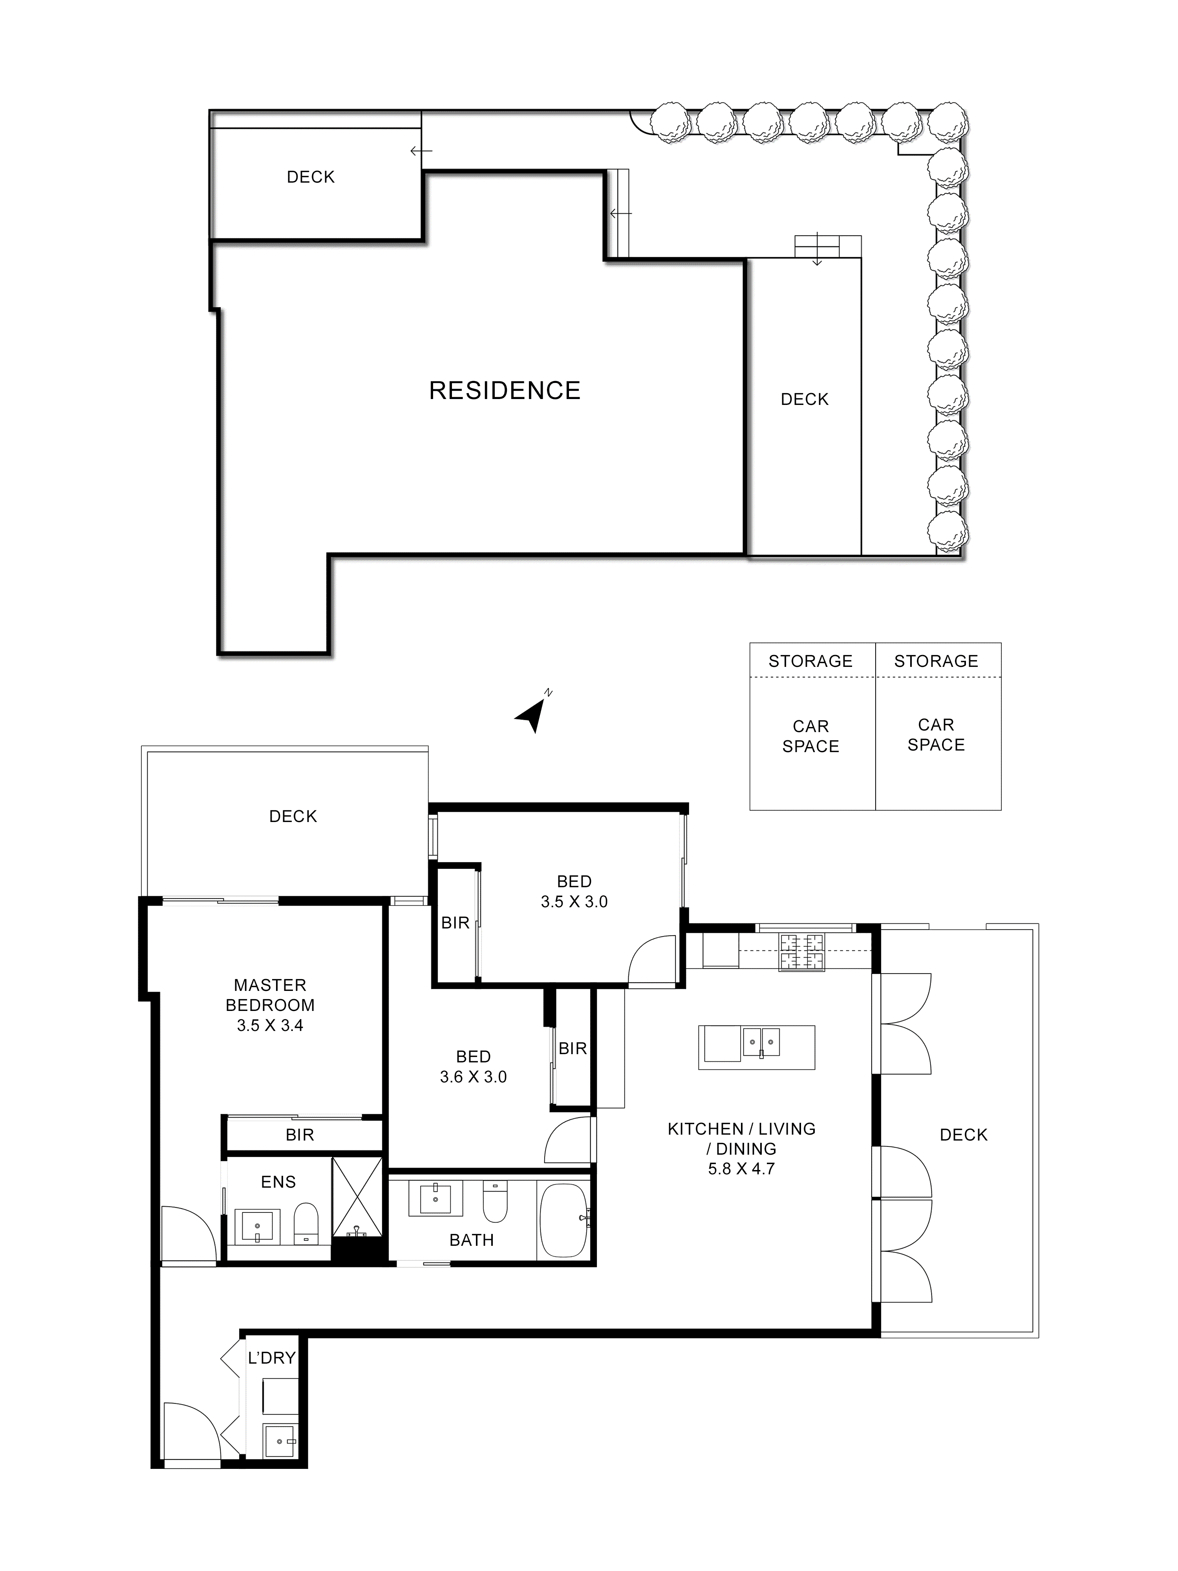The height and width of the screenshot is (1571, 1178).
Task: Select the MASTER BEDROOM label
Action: point(270,995)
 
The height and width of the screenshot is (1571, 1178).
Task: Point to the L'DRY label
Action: point(271,1357)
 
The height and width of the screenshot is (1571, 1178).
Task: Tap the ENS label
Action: point(278,1182)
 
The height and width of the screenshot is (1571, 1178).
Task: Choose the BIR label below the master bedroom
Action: point(300,1135)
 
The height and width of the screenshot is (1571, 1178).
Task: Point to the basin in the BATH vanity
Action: point(435,1198)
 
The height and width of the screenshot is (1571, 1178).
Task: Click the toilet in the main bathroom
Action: point(495,1200)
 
